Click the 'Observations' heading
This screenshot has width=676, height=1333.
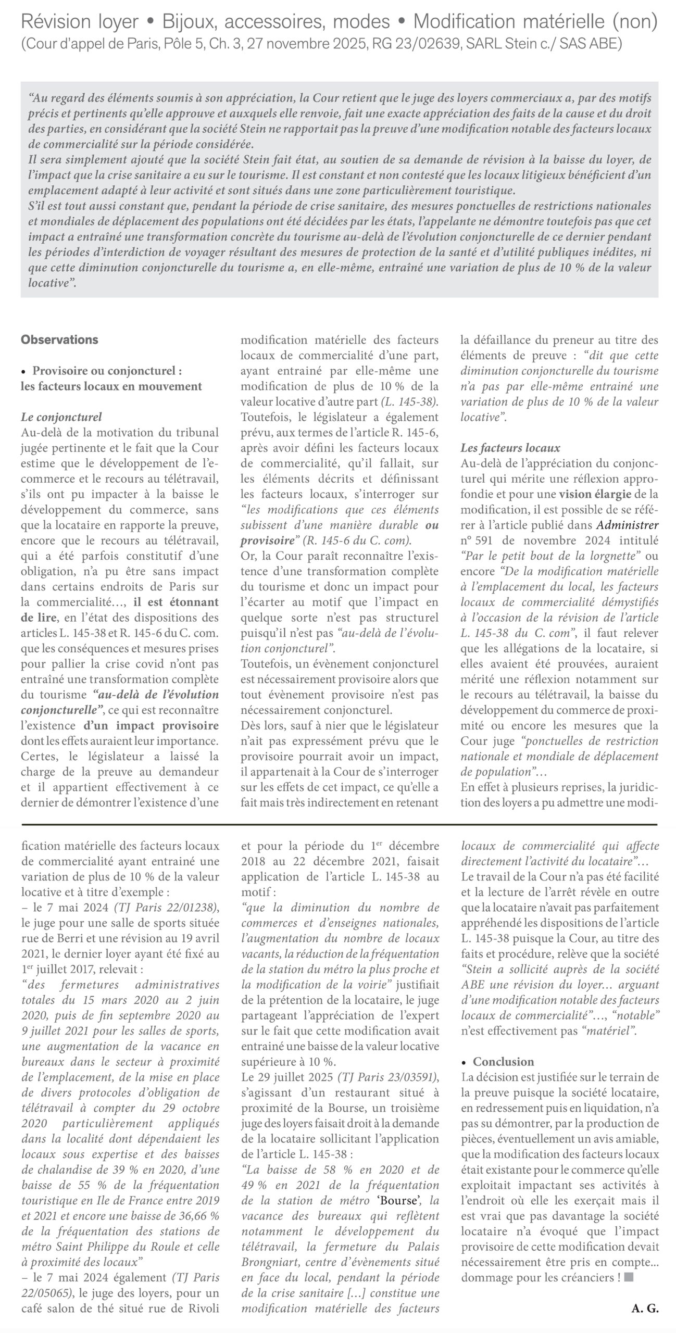(x=59, y=340)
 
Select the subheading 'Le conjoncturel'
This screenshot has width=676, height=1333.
(x=61, y=417)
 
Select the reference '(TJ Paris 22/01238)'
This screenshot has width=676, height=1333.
(x=164, y=908)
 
